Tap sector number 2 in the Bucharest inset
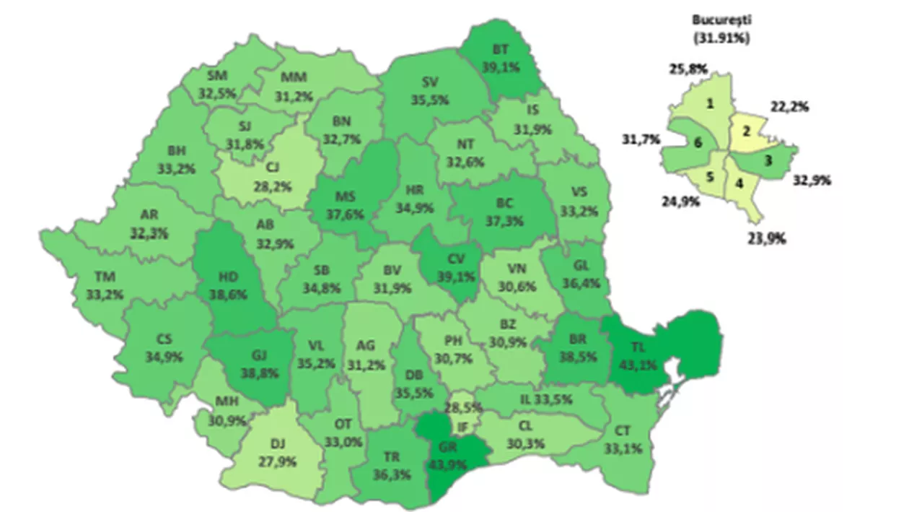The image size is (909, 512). (746, 131)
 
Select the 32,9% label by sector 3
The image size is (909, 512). (812, 181)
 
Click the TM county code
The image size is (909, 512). (105, 277)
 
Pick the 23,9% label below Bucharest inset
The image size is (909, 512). (767, 239)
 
